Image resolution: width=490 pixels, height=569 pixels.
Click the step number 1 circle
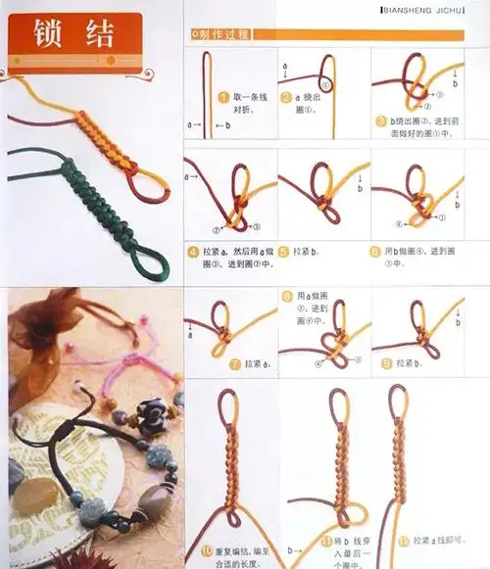[224, 98]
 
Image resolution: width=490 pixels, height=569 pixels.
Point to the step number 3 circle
[379, 120]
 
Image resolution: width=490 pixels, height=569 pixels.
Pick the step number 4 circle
[193, 253]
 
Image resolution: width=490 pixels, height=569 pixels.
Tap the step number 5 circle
[283, 252]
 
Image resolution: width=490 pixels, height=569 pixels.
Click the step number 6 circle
[375, 252]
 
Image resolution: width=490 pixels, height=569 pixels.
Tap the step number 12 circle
[404, 541]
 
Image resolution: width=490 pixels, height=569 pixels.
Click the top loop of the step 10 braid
[228, 402]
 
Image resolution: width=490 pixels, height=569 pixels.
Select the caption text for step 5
[308, 252]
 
